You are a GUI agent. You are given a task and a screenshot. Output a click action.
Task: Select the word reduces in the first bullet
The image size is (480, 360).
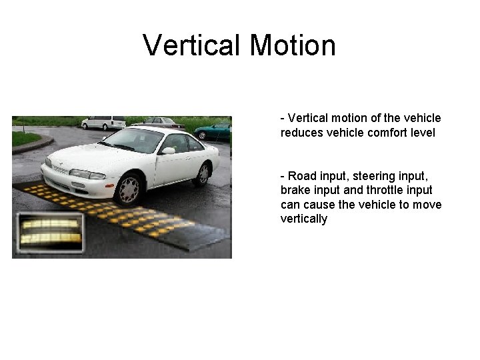[x=301, y=133]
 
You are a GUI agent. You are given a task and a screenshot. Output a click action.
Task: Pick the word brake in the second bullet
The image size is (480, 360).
[x=295, y=190]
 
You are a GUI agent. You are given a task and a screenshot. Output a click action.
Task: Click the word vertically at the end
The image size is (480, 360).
[x=304, y=219]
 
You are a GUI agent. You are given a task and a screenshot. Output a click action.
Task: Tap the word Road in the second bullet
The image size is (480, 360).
[x=302, y=175]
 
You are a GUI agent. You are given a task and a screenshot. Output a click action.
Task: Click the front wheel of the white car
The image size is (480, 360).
[x=129, y=189]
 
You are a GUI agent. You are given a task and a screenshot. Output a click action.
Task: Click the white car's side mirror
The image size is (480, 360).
[x=169, y=151]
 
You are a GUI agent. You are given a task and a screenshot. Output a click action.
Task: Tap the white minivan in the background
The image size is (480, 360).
[x=103, y=123]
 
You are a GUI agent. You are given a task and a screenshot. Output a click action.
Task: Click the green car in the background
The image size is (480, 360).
[x=213, y=131]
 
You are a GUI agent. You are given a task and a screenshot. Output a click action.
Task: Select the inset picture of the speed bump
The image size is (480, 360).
[x=50, y=232]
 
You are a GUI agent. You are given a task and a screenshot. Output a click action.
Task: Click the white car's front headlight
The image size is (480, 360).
[x=87, y=174]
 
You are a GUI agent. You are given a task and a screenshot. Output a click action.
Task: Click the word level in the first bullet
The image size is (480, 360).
[x=423, y=133]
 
